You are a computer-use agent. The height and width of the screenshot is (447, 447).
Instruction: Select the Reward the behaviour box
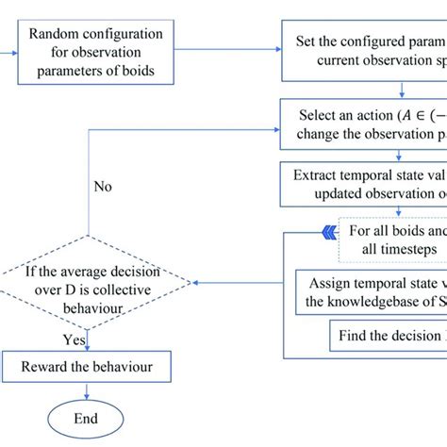[97, 364]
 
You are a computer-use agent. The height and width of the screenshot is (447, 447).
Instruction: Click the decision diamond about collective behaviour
[97, 281]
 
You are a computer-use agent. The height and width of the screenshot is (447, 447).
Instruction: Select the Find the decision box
[387, 335]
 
